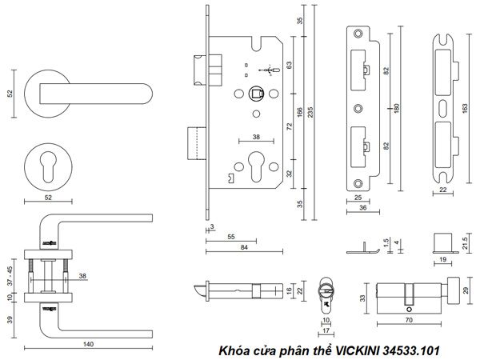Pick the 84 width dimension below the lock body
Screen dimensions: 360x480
point(243,247)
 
